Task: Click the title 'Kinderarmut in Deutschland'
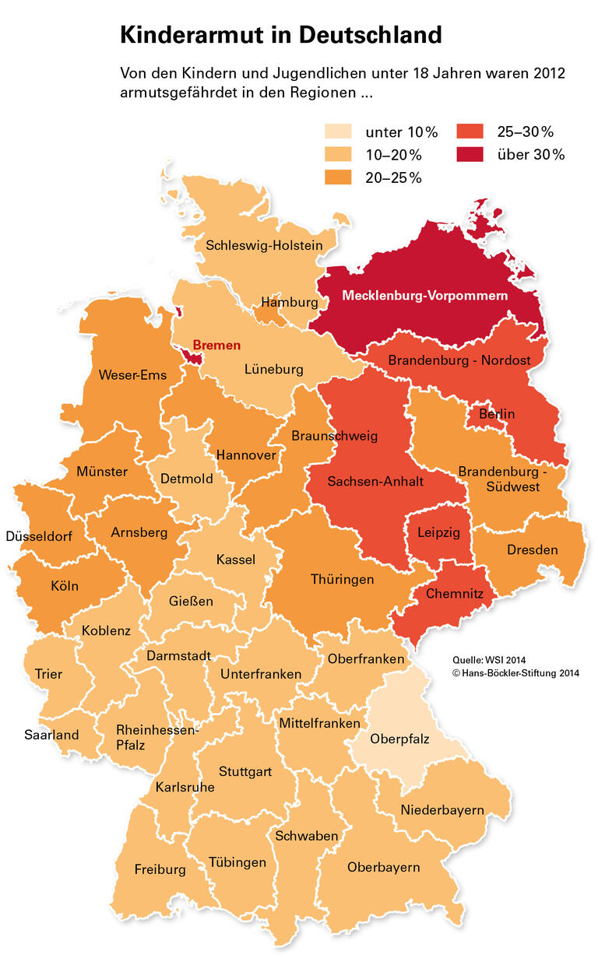pyautogui.click(x=280, y=35)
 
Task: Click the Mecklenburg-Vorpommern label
pyautogui.click(x=424, y=296)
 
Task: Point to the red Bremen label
pyautogui.click(x=216, y=345)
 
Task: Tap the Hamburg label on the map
pyautogui.click(x=290, y=302)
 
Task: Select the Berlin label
pyautogui.click(x=497, y=414)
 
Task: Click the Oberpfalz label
pyautogui.click(x=399, y=739)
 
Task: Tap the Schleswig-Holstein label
pyautogui.click(x=264, y=245)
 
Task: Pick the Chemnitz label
pyautogui.click(x=455, y=594)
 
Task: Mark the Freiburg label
pyautogui.click(x=160, y=869)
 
